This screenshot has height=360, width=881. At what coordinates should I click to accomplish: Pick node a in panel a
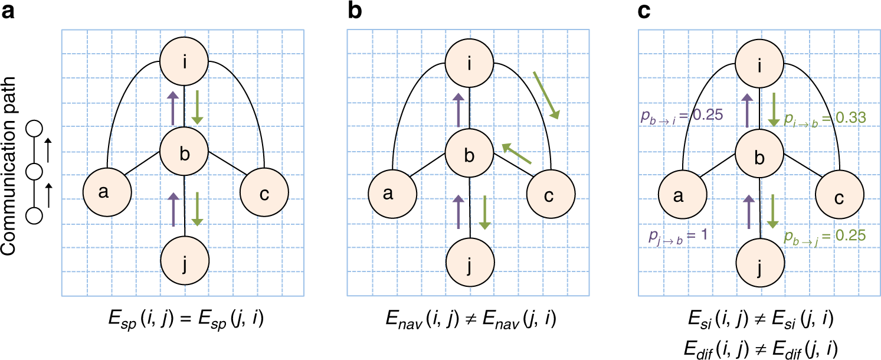click(106, 194)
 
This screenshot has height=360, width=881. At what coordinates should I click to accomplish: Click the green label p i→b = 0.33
click(824, 117)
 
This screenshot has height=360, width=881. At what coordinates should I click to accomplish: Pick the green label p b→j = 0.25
click(824, 236)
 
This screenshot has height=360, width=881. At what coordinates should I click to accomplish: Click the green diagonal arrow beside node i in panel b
click(545, 94)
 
